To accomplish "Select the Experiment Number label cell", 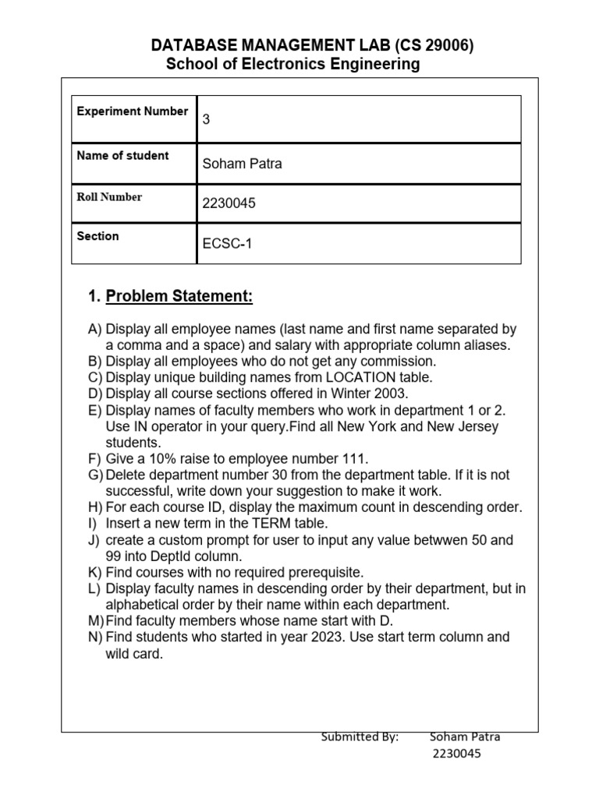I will coord(133,111).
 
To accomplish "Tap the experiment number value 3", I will coord(207,120).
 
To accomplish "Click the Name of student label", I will coord(122,156).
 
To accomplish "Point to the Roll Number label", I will coord(109,197).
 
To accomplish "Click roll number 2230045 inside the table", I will coord(229,204).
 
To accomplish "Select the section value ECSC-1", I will coord(228,244).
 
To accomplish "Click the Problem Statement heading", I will coord(179,297).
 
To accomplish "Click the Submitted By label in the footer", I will coord(360,737).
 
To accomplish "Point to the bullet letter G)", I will coord(95,475).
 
